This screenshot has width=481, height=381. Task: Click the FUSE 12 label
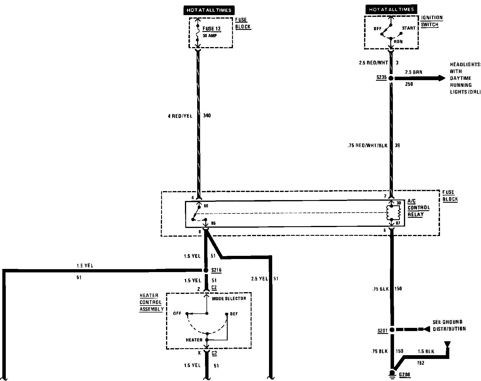[x=212, y=29]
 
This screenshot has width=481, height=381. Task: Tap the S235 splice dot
[x=391, y=78]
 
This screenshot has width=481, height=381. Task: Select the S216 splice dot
[x=206, y=270]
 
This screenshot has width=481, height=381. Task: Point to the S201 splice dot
[x=392, y=330]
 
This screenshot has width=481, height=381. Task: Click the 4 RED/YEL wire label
[x=180, y=116]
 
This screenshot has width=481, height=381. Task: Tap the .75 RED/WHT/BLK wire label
[x=367, y=145]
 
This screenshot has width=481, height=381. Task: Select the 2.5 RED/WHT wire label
[x=373, y=63]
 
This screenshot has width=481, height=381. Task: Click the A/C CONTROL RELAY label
[x=418, y=208]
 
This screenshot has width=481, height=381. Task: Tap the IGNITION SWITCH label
[x=432, y=21]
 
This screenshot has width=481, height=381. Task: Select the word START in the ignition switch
[x=409, y=28]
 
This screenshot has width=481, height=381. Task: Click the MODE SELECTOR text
[x=229, y=299]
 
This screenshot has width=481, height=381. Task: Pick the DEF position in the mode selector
[x=234, y=314]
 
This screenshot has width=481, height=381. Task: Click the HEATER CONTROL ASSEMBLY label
[x=151, y=302]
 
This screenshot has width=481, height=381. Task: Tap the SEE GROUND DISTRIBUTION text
[x=449, y=326]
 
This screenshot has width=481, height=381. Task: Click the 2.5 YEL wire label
[x=259, y=279]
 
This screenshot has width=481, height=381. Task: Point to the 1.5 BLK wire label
[x=426, y=351]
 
